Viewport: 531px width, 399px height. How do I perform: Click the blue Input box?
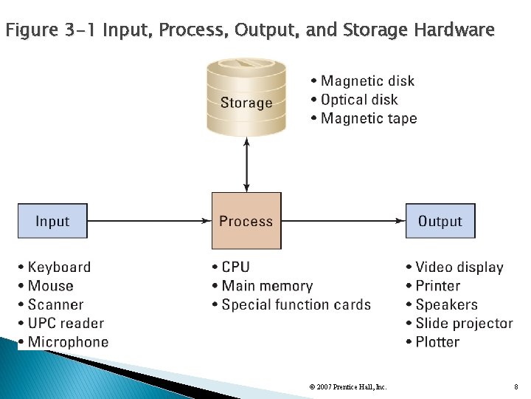click(x=52, y=220)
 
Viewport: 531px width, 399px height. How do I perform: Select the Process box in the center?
click(x=246, y=220)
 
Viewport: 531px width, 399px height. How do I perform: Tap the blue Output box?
click(x=440, y=220)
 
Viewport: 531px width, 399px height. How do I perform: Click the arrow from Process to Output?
click(x=344, y=220)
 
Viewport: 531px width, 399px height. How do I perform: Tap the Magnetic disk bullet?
click(x=362, y=81)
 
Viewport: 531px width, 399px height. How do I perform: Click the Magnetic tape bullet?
click(x=364, y=118)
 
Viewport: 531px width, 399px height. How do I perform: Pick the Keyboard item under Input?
click(x=55, y=267)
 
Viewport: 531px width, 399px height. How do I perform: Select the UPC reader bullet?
click(x=61, y=323)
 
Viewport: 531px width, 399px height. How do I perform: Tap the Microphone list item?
click(x=63, y=342)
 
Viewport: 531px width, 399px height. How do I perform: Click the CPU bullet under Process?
click(x=231, y=267)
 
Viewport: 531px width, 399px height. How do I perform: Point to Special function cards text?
click(x=291, y=304)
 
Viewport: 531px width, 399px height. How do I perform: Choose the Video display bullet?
click(x=454, y=267)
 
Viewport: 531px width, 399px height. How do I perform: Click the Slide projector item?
click(x=459, y=323)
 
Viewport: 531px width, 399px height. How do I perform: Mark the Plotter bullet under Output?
click(x=433, y=342)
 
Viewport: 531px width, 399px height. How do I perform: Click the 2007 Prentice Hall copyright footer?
click(x=347, y=386)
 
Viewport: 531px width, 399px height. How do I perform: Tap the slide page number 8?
click(x=516, y=386)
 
